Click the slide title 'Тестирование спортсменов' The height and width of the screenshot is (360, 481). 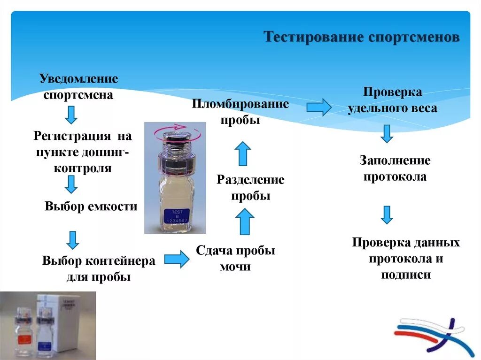click(x=362, y=37)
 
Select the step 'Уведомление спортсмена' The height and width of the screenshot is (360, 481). click(x=78, y=86)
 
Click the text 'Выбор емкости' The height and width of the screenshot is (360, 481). click(x=91, y=206)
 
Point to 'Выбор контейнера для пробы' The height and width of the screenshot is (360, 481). click(x=99, y=268)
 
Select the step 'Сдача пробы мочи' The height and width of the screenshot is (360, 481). click(x=235, y=258)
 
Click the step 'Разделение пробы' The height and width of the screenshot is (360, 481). click(x=250, y=188)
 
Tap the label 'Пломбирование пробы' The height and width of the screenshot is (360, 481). click(x=240, y=112)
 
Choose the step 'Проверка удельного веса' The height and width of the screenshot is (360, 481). click(x=392, y=100)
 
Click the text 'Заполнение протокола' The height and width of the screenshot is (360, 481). click(x=395, y=169)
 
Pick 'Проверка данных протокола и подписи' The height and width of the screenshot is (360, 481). click(x=406, y=258)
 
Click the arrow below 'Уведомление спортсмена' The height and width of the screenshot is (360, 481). click(x=71, y=114)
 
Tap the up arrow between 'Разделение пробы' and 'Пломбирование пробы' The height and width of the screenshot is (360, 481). click(x=242, y=153)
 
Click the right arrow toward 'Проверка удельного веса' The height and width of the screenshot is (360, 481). click(x=319, y=107)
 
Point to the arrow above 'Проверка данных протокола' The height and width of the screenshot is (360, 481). click(x=387, y=214)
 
